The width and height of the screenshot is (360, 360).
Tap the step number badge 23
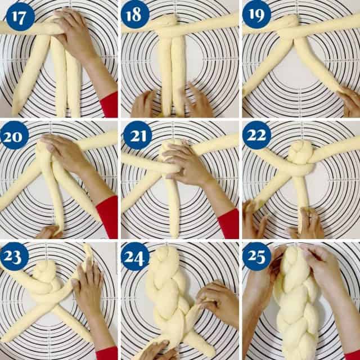(x=15, y=256)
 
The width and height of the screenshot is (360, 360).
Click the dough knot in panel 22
(x=300, y=152)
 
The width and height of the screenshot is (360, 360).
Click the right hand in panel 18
(x=197, y=101)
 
